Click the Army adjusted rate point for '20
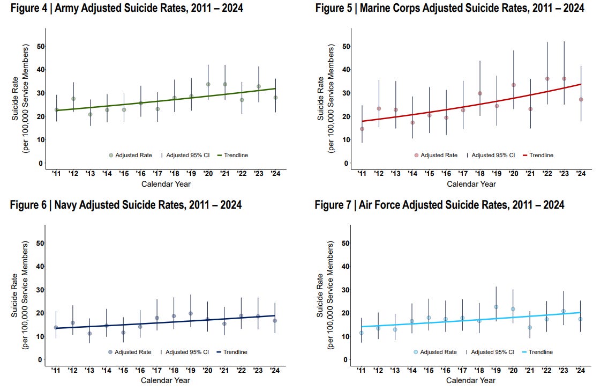pos(208,84)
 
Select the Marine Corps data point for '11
pos(362,129)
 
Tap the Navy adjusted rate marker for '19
pos(190,313)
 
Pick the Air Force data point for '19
pos(496,307)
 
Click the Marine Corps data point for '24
pos(581,99)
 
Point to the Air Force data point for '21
pos(530,327)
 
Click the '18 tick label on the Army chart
pos(174,174)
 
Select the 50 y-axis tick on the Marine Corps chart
pos(346,46)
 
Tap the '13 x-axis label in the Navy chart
pos(89,371)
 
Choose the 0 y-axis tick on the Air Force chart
pos(345,360)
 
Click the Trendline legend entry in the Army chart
pos(232,155)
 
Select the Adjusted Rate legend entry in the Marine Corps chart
pos(436,155)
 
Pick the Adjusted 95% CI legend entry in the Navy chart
pos(185,352)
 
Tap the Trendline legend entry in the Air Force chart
pos(537,352)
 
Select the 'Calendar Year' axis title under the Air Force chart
pos(471,380)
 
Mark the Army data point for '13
pos(91,115)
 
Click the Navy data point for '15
pos(123,333)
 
